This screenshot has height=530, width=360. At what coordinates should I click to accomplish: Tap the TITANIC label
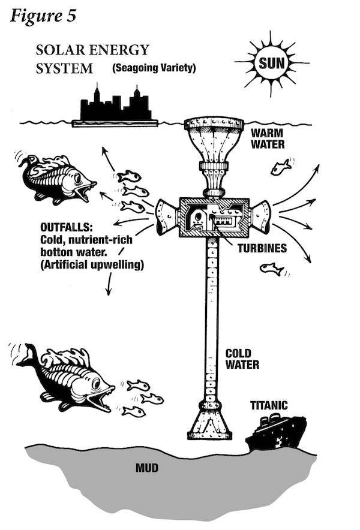(x=269, y=406)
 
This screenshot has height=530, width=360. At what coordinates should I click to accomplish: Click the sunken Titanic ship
(x=277, y=433)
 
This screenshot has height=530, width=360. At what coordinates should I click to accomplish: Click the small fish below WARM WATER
(x=280, y=167)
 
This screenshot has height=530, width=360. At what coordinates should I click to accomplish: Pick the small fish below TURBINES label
(x=272, y=269)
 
